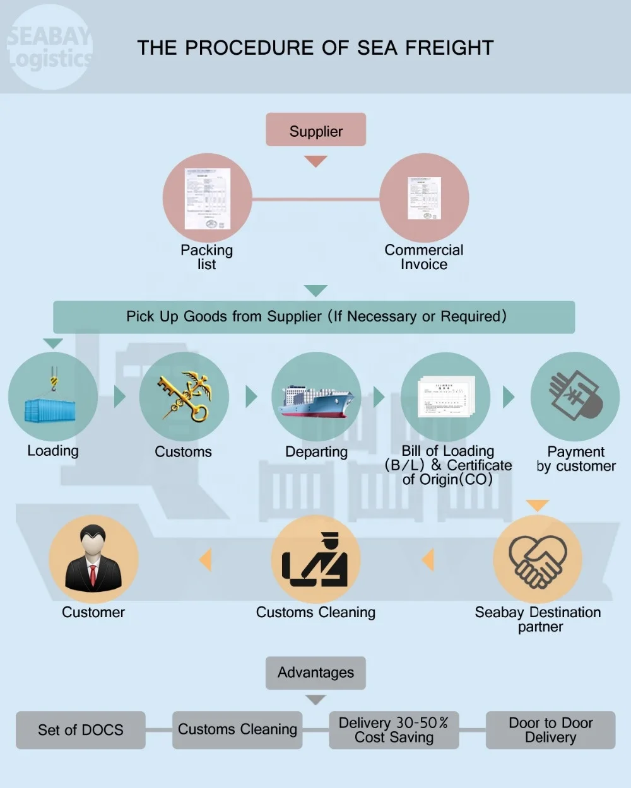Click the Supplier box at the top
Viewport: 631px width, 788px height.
click(315, 130)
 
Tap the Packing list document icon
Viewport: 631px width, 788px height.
click(207, 199)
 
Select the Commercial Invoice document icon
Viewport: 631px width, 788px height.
click(424, 198)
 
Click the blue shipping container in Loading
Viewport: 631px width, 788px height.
click(50, 410)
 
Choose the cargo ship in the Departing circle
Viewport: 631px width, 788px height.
click(316, 401)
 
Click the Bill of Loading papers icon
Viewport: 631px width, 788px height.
click(446, 397)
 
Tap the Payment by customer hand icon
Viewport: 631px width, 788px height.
click(575, 396)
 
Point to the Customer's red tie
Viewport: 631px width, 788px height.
click(93, 575)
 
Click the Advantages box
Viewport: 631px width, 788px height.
click(315, 673)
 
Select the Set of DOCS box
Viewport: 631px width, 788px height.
click(81, 730)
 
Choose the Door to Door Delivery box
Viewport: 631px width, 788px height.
click(550, 730)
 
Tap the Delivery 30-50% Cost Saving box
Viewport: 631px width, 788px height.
click(394, 730)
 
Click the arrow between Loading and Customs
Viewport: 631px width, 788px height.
click(119, 397)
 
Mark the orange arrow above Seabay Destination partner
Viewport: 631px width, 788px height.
click(537, 506)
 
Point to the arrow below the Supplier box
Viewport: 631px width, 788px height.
click(315, 161)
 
